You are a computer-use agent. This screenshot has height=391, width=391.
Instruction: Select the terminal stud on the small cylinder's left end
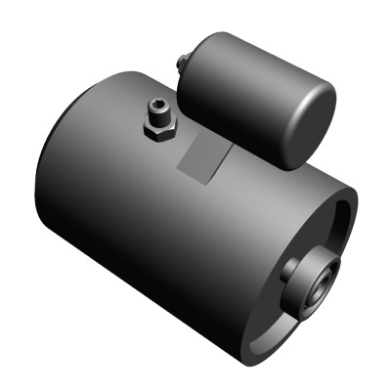pos(182,65)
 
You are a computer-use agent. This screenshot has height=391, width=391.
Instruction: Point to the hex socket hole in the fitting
pos(159,105)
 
